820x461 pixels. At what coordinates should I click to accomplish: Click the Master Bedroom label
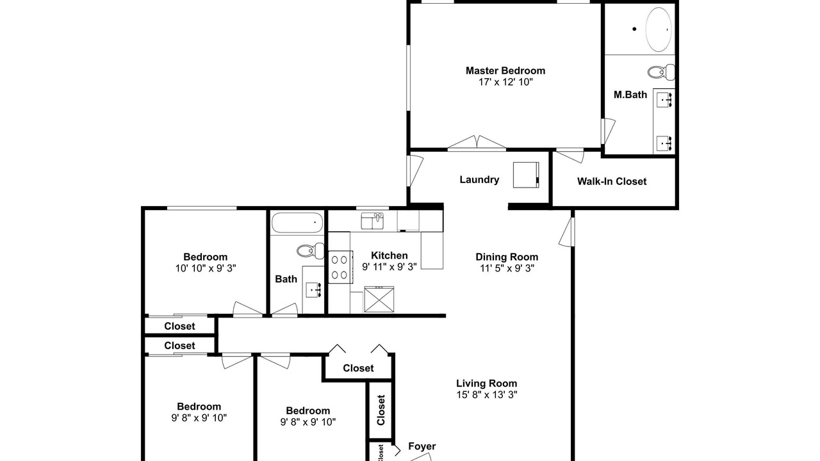(505, 70)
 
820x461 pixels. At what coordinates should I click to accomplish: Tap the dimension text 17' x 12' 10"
(505, 82)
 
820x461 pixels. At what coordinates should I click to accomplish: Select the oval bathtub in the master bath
(659, 29)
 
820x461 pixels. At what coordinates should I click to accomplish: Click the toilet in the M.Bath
(661, 72)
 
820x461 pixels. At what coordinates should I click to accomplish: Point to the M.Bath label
(630, 95)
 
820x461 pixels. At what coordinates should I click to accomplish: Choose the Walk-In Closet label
(612, 181)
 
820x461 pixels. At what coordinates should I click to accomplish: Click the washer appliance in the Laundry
(526, 175)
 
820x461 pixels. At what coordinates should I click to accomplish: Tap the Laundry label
(479, 180)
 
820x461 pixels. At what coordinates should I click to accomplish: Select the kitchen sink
(372, 221)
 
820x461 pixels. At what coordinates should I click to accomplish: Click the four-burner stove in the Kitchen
(340, 267)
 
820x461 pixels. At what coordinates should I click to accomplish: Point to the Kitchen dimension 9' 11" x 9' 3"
(389, 267)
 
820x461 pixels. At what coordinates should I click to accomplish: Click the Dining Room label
(507, 257)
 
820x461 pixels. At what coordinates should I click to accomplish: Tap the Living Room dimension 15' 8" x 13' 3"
(486, 395)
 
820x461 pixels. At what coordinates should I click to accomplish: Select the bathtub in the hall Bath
(297, 223)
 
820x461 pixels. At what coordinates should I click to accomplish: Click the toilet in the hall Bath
(311, 250)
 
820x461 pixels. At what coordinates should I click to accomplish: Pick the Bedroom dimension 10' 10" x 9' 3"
(206, 268)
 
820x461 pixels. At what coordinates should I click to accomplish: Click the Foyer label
(422, 446)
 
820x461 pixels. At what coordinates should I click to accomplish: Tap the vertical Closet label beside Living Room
(381, 410)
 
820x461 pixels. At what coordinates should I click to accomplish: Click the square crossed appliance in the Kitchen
(379, 299)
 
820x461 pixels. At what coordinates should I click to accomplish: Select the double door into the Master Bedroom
(477, 143)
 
